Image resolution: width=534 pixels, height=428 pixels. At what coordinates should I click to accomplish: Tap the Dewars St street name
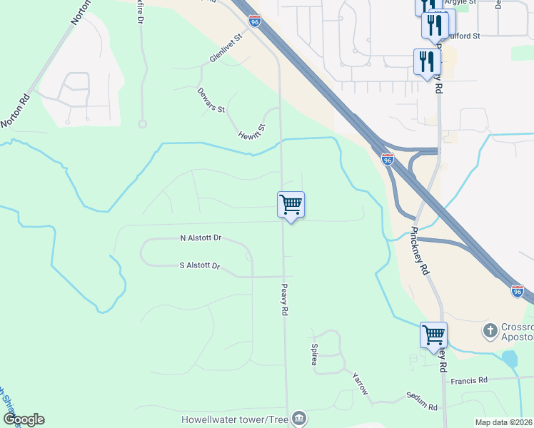tap(211, 100)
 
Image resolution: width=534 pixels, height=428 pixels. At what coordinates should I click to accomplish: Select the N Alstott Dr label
tap(201, 238)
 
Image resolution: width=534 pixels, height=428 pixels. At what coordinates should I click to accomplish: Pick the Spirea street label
tap(313, 355)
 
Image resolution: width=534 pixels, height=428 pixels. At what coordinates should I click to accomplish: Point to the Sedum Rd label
tap(421, 401)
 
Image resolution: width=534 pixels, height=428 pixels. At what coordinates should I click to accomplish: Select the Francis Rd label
tap(468, 380)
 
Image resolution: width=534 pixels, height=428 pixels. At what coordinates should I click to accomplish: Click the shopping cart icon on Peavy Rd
tap(291, 205)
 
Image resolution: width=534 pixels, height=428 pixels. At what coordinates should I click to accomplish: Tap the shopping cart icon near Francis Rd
tap(433, 335)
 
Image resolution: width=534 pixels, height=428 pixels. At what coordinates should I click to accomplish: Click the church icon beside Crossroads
tap(490, 330)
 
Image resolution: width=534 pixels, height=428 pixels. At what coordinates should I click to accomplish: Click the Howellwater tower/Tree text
tap(235, 419)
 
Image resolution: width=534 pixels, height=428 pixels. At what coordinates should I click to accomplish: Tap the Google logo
tap(24, 419)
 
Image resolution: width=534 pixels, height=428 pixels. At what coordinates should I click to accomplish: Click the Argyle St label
tap(462, 3)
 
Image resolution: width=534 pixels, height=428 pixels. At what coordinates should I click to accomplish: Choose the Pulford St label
tap(464, 35)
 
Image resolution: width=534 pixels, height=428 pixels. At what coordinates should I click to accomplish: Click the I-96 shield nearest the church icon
tap(518, 291)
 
